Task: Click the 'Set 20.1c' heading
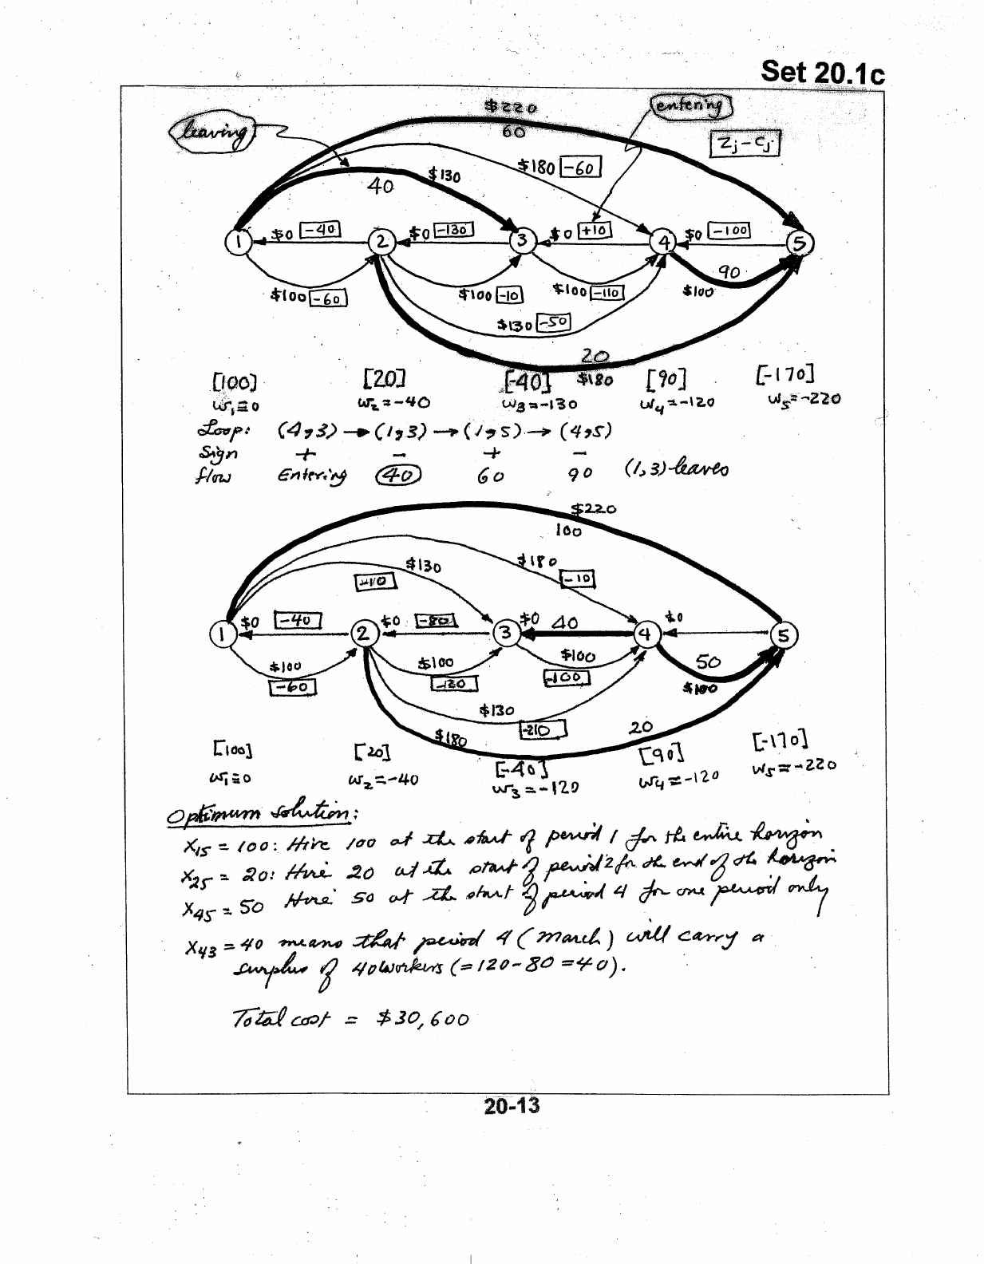point(822,72)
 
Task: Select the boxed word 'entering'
point(691,105)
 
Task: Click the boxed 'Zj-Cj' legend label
point(744,144)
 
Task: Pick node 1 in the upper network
point(238,241)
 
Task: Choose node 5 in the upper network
point(800,243)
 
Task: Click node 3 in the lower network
point(505,634)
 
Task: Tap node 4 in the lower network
point(645,634)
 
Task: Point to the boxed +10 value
point(594,231)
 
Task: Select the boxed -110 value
point(606,293)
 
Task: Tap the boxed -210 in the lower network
point(542,729)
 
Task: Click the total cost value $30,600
point(423,1019)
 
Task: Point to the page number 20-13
point(511,1106)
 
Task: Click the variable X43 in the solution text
point(203,947)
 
